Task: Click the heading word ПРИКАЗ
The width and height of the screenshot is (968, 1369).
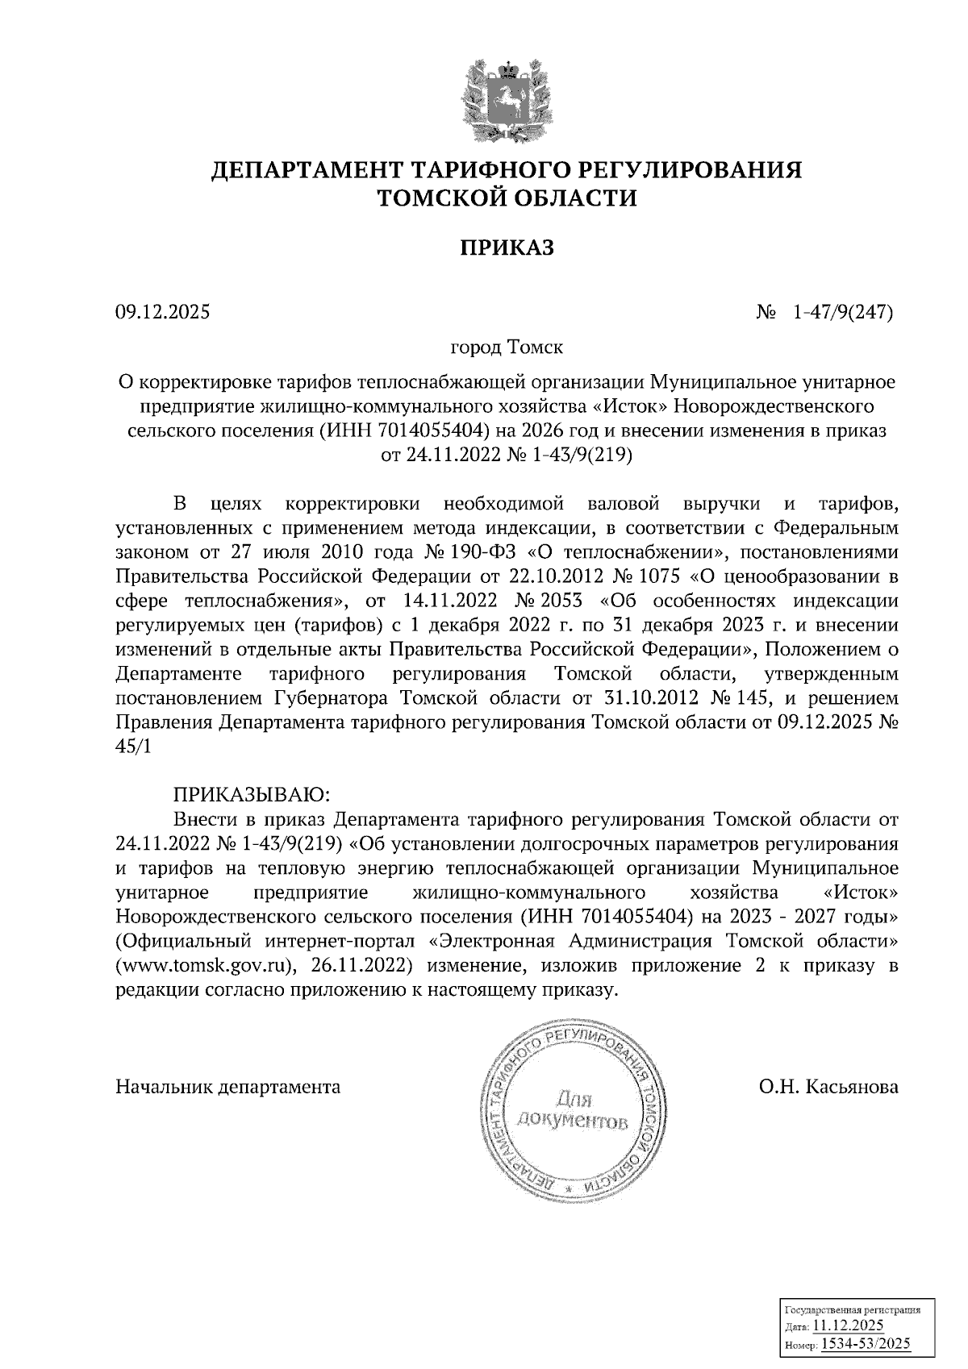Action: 507,247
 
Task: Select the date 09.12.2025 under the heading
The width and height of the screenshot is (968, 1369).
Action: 162,310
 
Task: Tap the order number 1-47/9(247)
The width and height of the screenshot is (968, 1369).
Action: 843,310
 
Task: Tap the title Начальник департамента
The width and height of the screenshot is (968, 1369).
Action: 228,1086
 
